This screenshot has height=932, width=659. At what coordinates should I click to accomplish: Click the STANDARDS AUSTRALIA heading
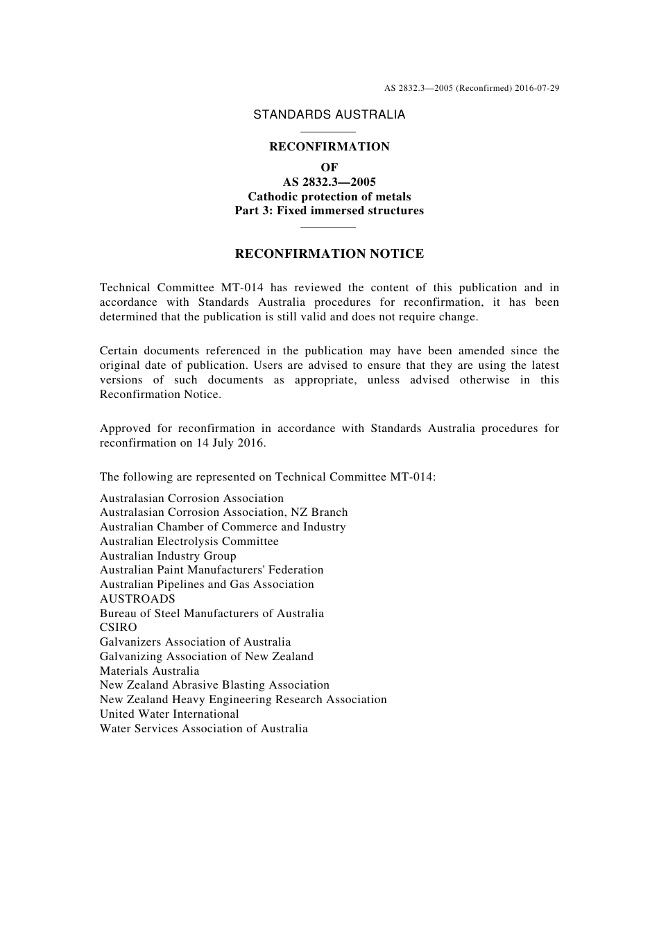329,115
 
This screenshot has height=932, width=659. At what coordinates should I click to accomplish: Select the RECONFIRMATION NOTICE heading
329,254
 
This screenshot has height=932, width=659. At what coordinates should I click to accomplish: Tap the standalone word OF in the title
329,167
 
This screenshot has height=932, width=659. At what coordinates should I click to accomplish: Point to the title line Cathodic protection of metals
329,196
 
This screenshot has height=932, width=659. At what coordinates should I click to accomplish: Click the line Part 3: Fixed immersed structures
329,211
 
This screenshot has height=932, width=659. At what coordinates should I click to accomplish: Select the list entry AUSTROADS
137,598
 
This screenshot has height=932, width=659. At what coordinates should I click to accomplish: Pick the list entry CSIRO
119,628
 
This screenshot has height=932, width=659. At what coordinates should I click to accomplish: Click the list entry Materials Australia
149,671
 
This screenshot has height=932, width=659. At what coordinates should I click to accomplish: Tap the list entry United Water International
169,714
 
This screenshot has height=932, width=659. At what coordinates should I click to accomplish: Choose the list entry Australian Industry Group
168,555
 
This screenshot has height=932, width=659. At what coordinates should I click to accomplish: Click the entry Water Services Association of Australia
204,728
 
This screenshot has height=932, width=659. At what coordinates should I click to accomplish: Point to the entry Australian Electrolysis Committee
189,541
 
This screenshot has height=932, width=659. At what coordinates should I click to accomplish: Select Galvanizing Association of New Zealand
207,656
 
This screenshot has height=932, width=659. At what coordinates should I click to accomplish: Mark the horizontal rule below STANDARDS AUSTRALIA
329,132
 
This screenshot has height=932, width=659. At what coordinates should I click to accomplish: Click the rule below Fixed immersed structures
329,227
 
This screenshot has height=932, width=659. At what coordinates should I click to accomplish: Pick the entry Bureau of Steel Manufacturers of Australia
212,613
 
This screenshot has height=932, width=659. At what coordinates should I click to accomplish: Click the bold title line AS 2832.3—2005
329,182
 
